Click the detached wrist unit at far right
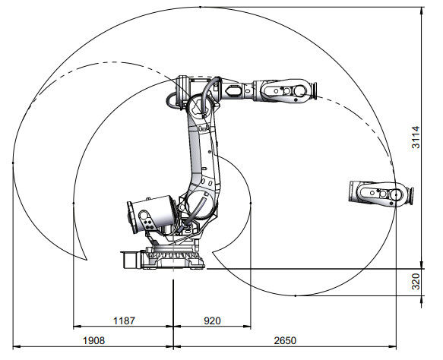pyautogui.click(x=379, y=194)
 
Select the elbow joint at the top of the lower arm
pyautogui.click(x=199, y=103)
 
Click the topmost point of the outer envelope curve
pyautogui.click(x=199, y=6)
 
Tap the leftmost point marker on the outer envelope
pyautogui.click(x=13, y=163)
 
